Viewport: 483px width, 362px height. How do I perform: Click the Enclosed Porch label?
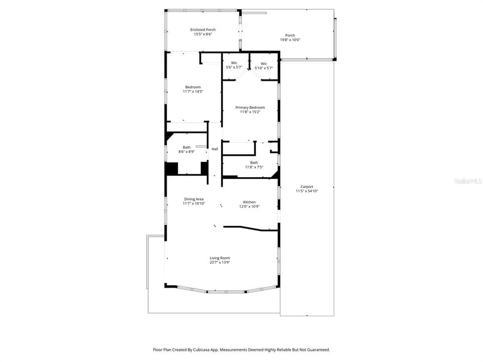click(x=203, y=30)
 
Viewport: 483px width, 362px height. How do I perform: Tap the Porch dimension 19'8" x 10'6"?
click(x=290, y=40)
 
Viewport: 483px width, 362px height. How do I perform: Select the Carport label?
click(x=307, y=187)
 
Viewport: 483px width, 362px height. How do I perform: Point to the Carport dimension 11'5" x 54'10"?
click(x=307, y=191)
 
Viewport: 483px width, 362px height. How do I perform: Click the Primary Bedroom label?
click(x=250, y=107)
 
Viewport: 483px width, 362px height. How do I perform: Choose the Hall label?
click(x=215, y=149)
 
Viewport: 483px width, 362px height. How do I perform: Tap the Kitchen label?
click(x=250, y=202)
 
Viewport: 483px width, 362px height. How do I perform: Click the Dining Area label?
click(x=193, y=199)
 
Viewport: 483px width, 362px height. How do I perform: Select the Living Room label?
click(x=220, y=258)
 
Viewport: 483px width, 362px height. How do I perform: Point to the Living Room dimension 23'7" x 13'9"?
click(x=220, y=263)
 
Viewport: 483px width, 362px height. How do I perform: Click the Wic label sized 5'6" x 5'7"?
click(x=234, y=63)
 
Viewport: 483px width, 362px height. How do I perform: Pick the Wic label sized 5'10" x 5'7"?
click(x=264, y=64)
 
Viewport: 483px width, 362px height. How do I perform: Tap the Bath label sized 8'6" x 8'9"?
click(x=187, y=148)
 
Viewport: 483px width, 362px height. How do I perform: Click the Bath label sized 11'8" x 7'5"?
click(x=254, y=163)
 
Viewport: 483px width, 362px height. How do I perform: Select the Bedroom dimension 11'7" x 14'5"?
click(x=193, y=91)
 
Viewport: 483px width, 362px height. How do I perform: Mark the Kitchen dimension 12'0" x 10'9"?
click(x=250, y=207)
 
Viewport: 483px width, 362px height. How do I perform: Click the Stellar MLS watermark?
click(x=467, y=181)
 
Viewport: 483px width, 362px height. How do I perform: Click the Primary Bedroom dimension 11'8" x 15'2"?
click(x=250, y=112)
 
